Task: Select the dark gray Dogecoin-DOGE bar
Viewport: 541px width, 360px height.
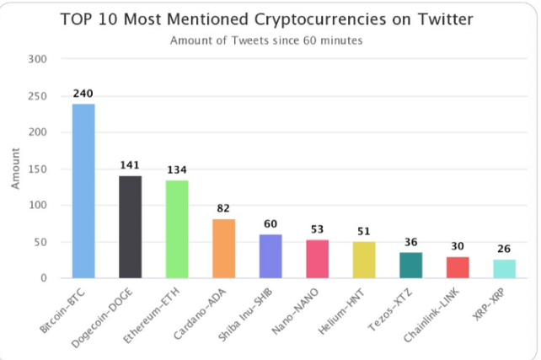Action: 130,227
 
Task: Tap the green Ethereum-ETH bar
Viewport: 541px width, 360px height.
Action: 176,229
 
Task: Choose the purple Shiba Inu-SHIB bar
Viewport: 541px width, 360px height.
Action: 270,256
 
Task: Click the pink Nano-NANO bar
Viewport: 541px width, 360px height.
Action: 317,259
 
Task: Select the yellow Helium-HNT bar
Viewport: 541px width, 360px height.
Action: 363,260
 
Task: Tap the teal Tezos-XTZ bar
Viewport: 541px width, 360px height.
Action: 410,265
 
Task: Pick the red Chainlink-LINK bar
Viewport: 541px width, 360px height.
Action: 457,267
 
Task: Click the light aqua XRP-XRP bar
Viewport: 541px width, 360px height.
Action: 504,269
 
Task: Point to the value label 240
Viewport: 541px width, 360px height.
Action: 83,94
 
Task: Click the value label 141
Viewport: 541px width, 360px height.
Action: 130,165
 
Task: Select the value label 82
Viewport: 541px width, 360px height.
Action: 223,208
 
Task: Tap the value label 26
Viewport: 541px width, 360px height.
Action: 504,249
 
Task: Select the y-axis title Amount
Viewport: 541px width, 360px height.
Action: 15,169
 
